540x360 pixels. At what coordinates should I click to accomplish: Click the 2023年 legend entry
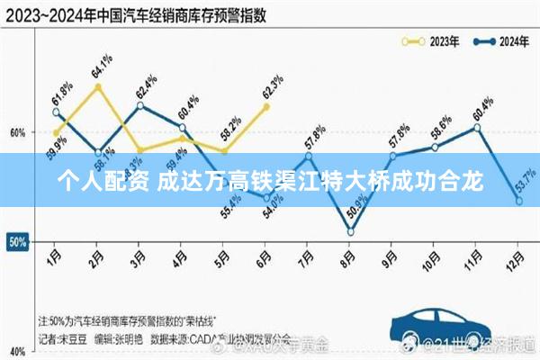point(430,40)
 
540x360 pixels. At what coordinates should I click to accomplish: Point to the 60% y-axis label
point(16,132)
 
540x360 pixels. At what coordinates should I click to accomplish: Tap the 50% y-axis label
point(16,242)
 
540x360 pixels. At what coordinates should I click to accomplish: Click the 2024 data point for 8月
point(350,232)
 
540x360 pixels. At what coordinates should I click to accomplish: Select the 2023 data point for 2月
point(98,86)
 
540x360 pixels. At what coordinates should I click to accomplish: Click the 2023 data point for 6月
point(265,106)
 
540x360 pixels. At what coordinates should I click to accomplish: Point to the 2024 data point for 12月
point(519,201)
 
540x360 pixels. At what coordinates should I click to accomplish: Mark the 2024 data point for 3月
point(139,105)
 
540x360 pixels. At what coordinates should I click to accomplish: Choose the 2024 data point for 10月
point(435,147)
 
